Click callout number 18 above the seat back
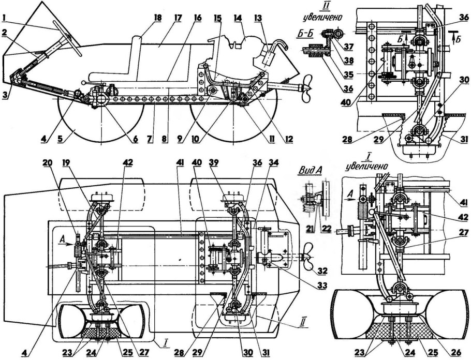coord(157,18)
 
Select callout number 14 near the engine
coord(238,18)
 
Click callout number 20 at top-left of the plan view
coord(49,162)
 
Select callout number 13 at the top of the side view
coord(257,18)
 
